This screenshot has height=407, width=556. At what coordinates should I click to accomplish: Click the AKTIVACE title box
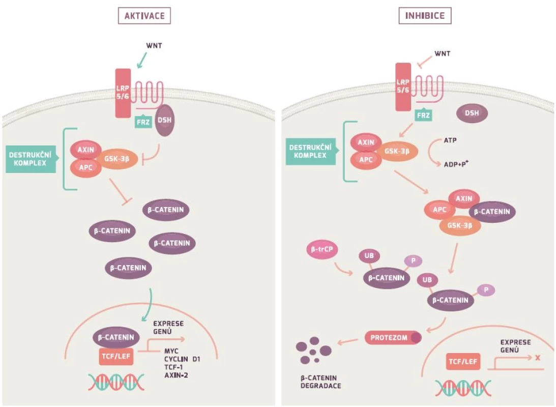[x=144, y=16]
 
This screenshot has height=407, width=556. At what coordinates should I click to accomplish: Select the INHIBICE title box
[x=425, y=16]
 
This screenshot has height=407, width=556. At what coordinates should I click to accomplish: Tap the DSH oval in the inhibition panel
[x=472, y=113]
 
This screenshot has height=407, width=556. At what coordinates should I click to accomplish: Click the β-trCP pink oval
[x=322, y=249]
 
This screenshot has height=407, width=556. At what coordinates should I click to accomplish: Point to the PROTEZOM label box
[x=393, y=337]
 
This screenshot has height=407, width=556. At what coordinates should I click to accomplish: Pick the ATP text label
[x=450, y=140]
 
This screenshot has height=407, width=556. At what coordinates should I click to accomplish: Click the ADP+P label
[x=456, y=164]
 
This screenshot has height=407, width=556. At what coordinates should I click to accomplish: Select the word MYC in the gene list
[x=171, y=352]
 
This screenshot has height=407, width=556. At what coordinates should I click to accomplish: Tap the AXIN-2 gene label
[x=176, y=375]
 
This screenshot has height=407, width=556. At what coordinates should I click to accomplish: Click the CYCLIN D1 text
[x=182, y=359]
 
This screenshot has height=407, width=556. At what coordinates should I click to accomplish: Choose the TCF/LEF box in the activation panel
[x=116, y=356]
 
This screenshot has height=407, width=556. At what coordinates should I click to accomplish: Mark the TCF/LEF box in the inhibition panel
[x=463, y=362]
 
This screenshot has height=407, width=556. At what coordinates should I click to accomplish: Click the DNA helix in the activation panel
[x=116, y=382]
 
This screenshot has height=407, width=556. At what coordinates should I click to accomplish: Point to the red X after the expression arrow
[x=538, y=358]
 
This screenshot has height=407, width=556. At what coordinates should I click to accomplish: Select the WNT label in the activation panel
[x=154, y=46]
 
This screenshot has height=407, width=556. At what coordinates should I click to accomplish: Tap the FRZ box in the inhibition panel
[x=423, y=115]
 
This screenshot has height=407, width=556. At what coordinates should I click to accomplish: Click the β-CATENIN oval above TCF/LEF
[x=116, y=337]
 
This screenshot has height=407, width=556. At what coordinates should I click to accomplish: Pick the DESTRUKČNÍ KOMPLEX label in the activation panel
[x=31, y=159]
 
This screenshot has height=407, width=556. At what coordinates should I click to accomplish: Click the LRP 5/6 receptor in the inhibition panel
[x=403, y=87]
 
